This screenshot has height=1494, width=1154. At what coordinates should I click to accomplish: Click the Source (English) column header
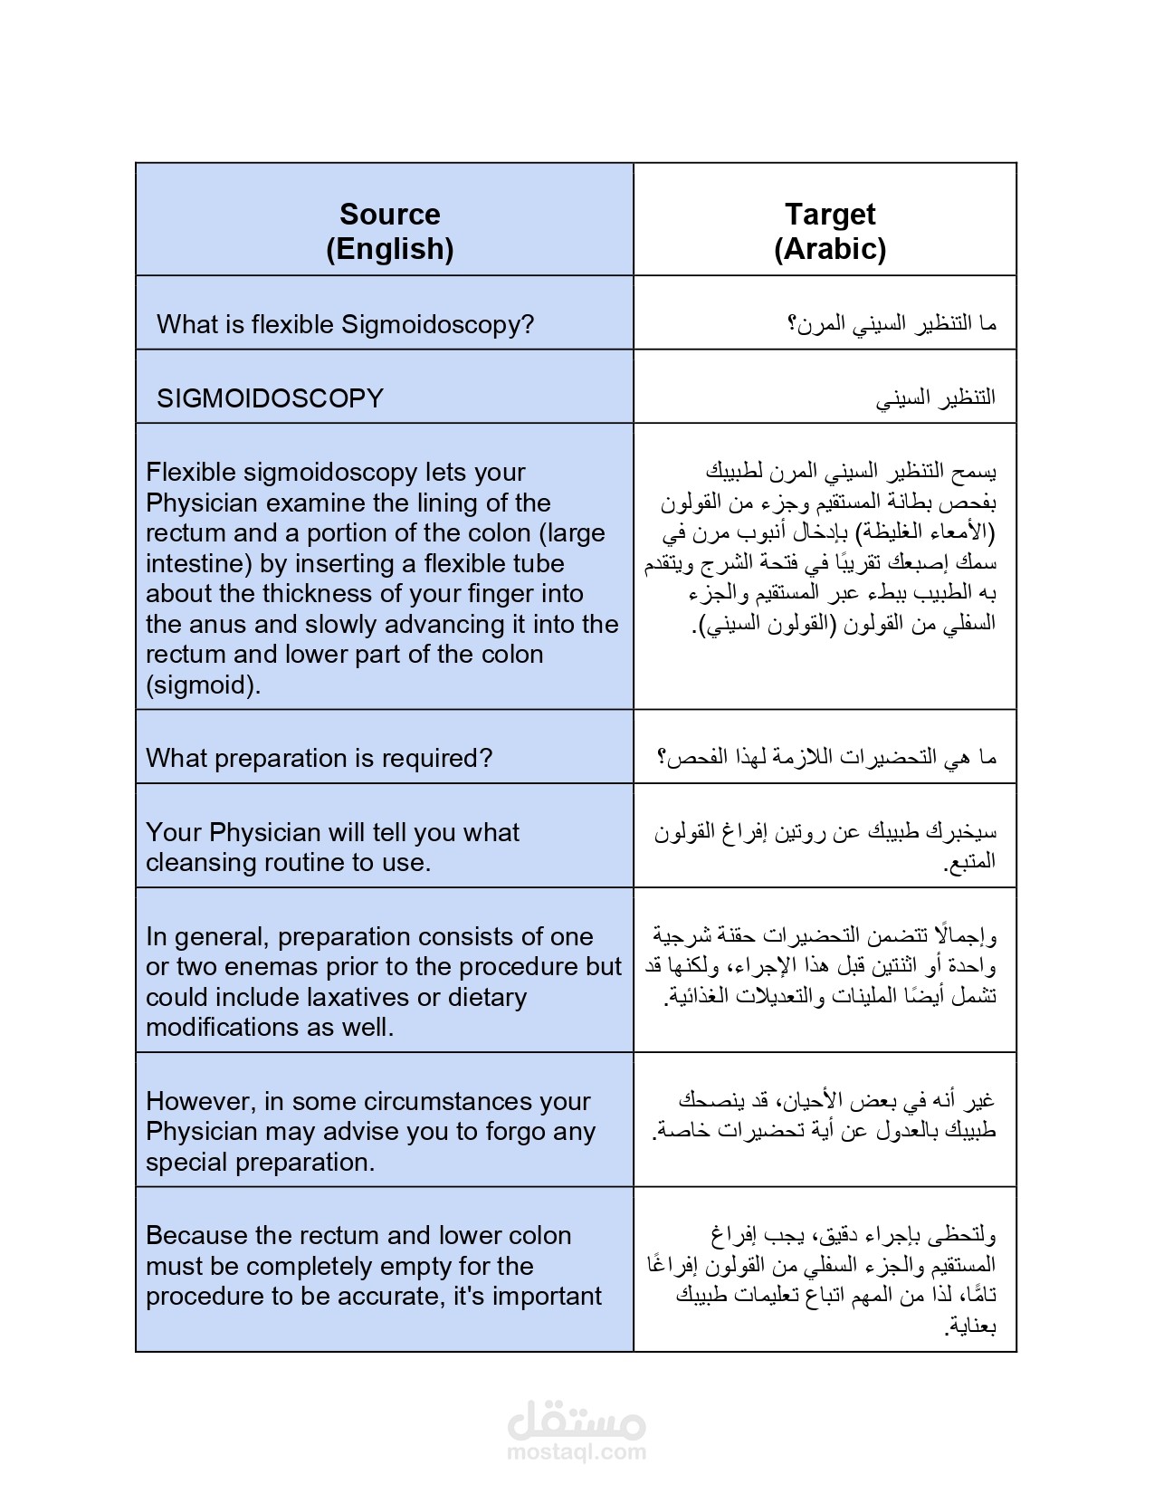(x=389, y=231)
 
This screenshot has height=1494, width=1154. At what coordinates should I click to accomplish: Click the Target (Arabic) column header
(x=829, y=231)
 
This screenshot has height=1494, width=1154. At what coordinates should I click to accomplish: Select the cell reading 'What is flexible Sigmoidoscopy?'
(x=345, y=324)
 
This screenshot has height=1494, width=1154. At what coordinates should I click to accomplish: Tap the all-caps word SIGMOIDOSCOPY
(x=270, y=398)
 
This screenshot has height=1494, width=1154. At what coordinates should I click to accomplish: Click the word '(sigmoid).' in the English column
(x=203, y=685)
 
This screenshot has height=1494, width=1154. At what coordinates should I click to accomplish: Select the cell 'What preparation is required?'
(x=319, y=758)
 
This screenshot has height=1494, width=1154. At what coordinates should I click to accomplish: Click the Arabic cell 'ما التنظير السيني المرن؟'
(x=892, y=323)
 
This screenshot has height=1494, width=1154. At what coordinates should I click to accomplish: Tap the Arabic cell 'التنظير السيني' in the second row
(x=935, y=397)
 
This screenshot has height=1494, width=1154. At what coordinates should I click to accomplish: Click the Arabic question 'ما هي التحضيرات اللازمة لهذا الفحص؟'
(x=826, y=757)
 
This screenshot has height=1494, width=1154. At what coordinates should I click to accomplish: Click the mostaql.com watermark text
(x=577, y=1452)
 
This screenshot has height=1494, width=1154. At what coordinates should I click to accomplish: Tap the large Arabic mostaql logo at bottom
(x=577, y=1420)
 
